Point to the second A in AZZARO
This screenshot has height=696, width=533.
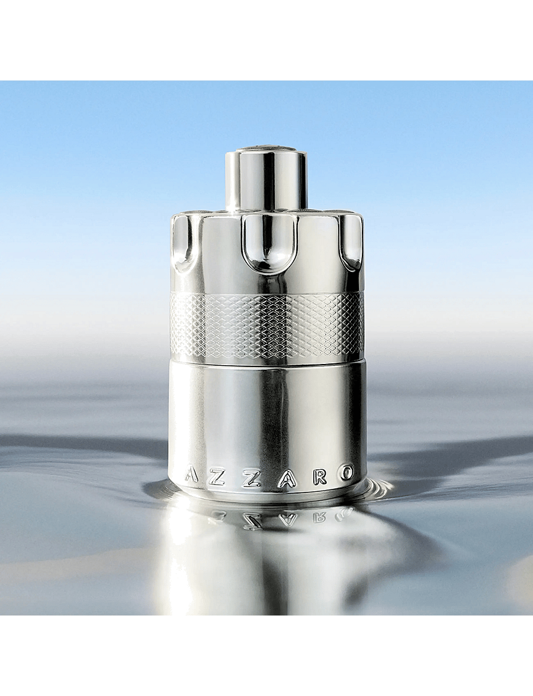[x=286, y=479]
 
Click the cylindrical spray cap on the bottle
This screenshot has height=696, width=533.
[x=266, y=180]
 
